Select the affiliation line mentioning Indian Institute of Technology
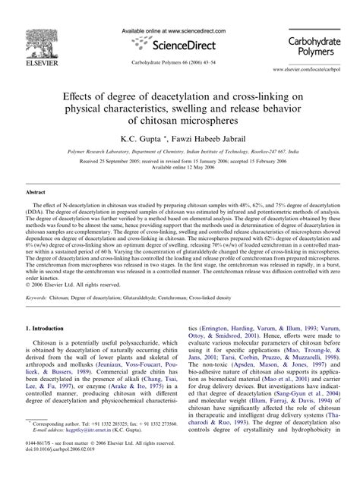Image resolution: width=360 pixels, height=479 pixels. pos(179,153)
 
